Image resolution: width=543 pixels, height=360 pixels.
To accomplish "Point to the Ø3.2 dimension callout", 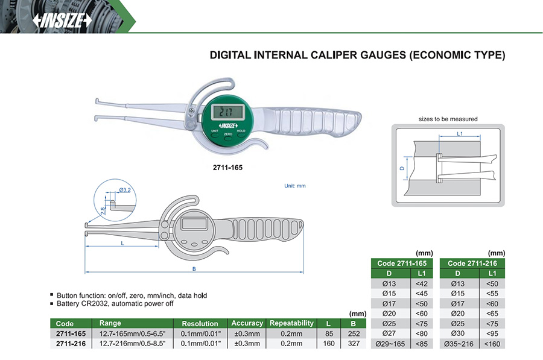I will (125, 190).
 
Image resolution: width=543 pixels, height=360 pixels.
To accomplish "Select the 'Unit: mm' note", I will (294, 186).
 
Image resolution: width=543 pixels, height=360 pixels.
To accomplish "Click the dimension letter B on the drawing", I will (194, 269).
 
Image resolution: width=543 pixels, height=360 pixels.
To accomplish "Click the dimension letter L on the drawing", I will (122, 242).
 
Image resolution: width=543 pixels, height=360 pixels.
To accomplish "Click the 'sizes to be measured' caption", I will (448, 119).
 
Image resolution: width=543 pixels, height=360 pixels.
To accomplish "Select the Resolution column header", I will (200, 324).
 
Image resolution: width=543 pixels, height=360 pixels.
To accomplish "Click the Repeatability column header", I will (291, 324).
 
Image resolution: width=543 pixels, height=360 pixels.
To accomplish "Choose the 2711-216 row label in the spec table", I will (71, 344).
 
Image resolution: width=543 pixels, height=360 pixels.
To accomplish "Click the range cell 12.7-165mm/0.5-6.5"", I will (132, 333).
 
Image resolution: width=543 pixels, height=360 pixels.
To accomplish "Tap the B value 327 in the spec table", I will (354, 344).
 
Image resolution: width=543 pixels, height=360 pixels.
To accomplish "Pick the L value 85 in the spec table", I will (329, 333).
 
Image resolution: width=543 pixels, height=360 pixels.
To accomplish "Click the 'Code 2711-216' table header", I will (473, 264).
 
